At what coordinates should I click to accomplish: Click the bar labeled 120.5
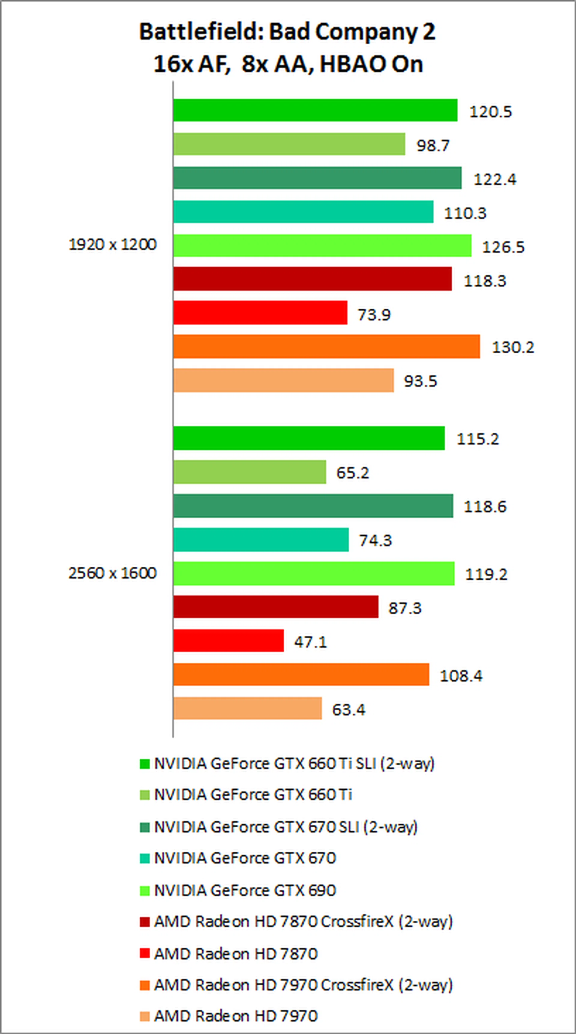click(315, 110)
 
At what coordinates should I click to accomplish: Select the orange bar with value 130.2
click(327, 346)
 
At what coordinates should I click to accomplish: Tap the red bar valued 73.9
click(260, 312)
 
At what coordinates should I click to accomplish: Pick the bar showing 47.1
click(229, 641)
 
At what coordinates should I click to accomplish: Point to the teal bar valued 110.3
click(303, 211)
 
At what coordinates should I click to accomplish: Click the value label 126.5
click(503, 247)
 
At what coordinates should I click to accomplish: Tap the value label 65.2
click(352, 472)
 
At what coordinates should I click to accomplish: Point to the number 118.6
click(485, 507)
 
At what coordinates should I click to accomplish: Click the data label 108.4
click(461, 676)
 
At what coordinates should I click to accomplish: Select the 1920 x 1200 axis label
click(112, 244)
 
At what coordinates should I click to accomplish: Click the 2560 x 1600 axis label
click(112, 573)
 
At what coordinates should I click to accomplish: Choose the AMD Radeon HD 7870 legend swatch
click(145, 953)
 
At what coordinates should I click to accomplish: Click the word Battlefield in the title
click(201, 32)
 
